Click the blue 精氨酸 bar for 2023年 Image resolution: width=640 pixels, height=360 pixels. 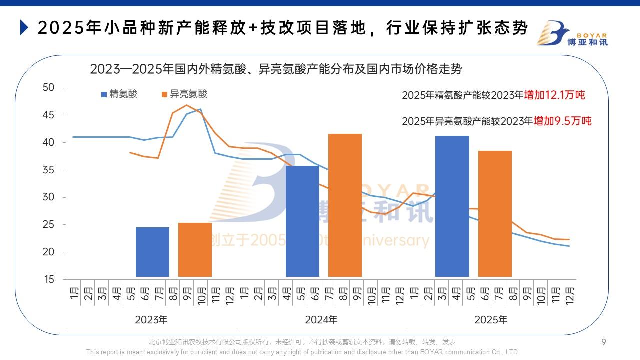[x=152, y=252]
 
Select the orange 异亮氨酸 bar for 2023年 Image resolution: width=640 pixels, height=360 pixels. [x=195, y=249]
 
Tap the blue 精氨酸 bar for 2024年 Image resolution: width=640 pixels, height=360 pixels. [x=302, y=221]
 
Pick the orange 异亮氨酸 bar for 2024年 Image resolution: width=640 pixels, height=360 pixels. [x=345, y=205]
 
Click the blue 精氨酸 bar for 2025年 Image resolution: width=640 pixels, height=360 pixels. [x=452, y=206]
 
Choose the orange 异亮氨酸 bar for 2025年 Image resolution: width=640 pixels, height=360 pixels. [x=495, y=213]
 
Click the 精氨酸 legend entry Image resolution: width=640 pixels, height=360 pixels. [x=120, y=94]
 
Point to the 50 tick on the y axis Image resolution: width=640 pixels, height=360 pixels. [x=48, y=88]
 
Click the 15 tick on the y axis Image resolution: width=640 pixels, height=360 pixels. [x=48, y=280]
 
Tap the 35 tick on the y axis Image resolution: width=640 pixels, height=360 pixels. [x=48, y=170]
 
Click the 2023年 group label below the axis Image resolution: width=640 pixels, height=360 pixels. [x=151, y=319]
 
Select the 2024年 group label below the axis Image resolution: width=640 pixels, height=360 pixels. [x=321, y=319]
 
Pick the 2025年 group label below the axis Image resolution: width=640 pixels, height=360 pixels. [x=491, y=319]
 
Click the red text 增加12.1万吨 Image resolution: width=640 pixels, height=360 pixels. [x=554, y=95]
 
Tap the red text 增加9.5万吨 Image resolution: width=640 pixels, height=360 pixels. [x=562, y=121]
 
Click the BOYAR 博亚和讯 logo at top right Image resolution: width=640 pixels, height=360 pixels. [x=572, y=33]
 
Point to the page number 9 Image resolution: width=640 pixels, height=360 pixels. [x=604, y=342]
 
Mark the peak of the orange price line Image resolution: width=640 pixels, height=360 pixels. [x=187, y=105]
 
